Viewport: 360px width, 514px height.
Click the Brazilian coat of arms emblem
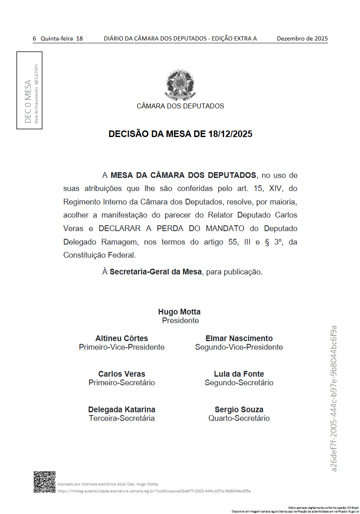point(180,85)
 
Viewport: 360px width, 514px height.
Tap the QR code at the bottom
point(44,482)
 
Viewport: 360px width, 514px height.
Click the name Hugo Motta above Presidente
point(179,312)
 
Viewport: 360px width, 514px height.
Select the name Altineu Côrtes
point(122,339)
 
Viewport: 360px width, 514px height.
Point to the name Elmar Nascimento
point(239,339)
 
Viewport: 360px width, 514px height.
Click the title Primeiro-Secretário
point(122,383)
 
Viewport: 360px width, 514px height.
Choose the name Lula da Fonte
point(239,374)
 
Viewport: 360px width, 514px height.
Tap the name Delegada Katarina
point(122,410)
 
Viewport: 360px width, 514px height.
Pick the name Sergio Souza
point(239,410)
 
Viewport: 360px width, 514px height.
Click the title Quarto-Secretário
point(239,418)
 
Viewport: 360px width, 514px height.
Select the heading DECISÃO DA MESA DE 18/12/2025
point(180,134)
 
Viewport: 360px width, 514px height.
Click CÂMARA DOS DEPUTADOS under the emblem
point(180,106)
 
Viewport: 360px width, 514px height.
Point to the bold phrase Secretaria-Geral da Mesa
point(156,272)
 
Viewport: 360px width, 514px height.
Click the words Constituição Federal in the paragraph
point(99,255)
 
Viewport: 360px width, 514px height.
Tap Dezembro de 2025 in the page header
point(302,39)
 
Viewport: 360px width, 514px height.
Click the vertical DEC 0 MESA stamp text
point(28,101)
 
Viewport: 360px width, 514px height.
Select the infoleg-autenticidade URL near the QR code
point(154,491)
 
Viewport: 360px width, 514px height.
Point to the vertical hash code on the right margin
point(334,399)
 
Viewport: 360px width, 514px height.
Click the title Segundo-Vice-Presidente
point(239,347)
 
